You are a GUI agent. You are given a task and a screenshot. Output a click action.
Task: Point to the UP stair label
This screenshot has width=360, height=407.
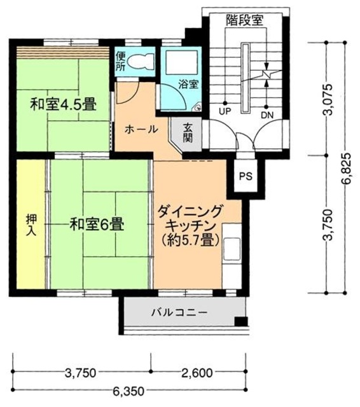(x=224, y=112)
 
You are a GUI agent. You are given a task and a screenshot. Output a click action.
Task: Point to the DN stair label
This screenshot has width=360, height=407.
(x=267, y=114)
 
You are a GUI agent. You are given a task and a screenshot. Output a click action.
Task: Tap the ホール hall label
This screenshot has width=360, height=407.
(x=141, y=129)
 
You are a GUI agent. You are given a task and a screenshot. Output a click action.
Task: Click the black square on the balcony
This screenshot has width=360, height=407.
(x=240, y=321)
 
